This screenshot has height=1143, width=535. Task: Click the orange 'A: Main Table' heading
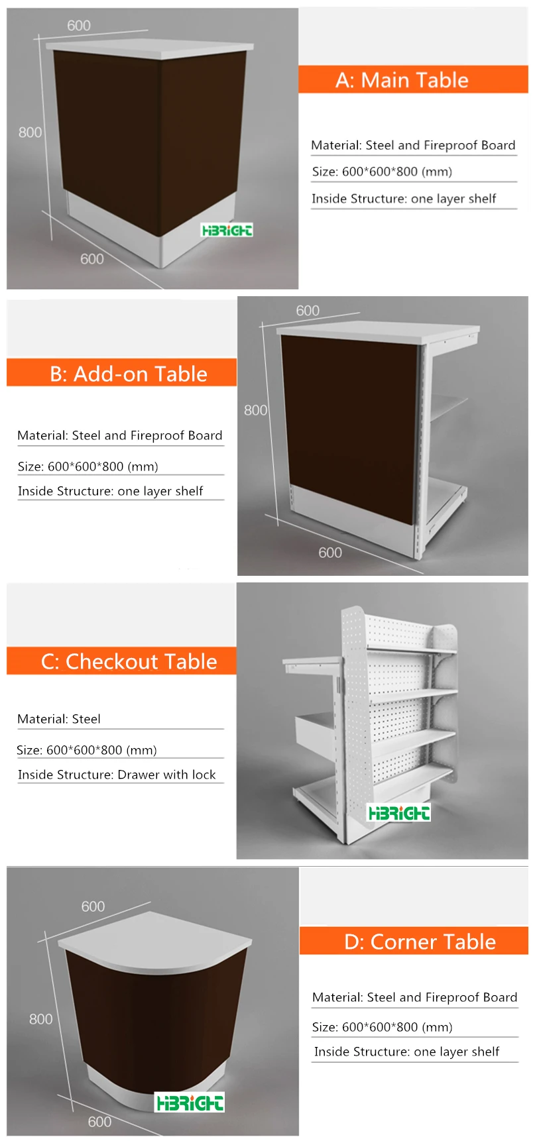[402, 80]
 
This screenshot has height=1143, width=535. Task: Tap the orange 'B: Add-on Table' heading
[129, 374]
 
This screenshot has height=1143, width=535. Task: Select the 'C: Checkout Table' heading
[129, 661]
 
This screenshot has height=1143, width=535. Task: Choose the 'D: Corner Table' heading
[420, 942]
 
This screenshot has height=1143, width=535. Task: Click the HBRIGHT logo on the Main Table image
[227, 230]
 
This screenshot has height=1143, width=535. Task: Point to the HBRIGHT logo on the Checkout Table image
[398, 812]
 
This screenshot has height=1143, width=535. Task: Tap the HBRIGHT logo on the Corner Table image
[190, 1103]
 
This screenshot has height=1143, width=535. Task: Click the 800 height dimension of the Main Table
[30, 133]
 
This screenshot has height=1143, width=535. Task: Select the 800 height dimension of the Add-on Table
[255, 410]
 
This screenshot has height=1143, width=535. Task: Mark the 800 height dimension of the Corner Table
[41, 1019]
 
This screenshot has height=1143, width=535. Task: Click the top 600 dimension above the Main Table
[79, 26]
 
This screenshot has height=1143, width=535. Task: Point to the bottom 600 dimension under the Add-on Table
[330, 553]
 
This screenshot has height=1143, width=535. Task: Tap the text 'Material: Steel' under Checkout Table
[59, 719]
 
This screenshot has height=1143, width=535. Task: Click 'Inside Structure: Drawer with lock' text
[117, 775]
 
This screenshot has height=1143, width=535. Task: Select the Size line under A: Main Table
[382, 172]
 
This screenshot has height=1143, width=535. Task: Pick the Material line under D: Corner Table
[414, 997]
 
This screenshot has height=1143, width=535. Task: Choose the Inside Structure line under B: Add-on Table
[110, 491]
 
